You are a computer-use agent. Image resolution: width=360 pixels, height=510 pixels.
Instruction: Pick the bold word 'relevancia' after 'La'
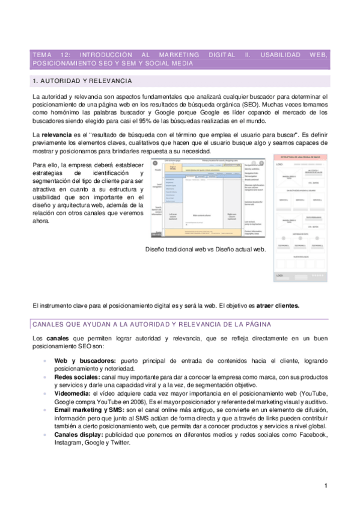click(x=59, y=135)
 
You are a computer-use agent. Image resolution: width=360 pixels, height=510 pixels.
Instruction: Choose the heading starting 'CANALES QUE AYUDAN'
click(x=151, y=324)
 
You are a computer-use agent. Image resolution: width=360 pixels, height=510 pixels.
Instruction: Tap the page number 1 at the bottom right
click(x=325, y=486)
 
